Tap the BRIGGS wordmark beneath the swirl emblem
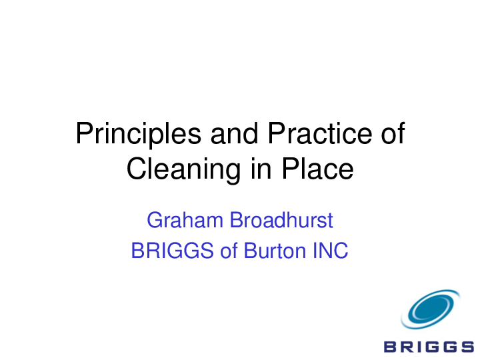(x=429, y=345)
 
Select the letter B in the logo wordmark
(x=391, y=345)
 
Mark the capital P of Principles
(x=83, y=134)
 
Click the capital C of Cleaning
(x=135, y=169)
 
